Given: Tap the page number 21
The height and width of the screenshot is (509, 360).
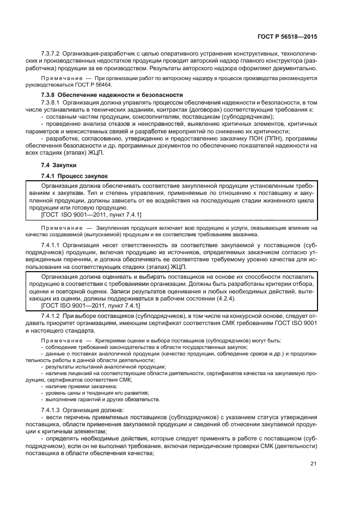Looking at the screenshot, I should (x=313, y=464).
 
